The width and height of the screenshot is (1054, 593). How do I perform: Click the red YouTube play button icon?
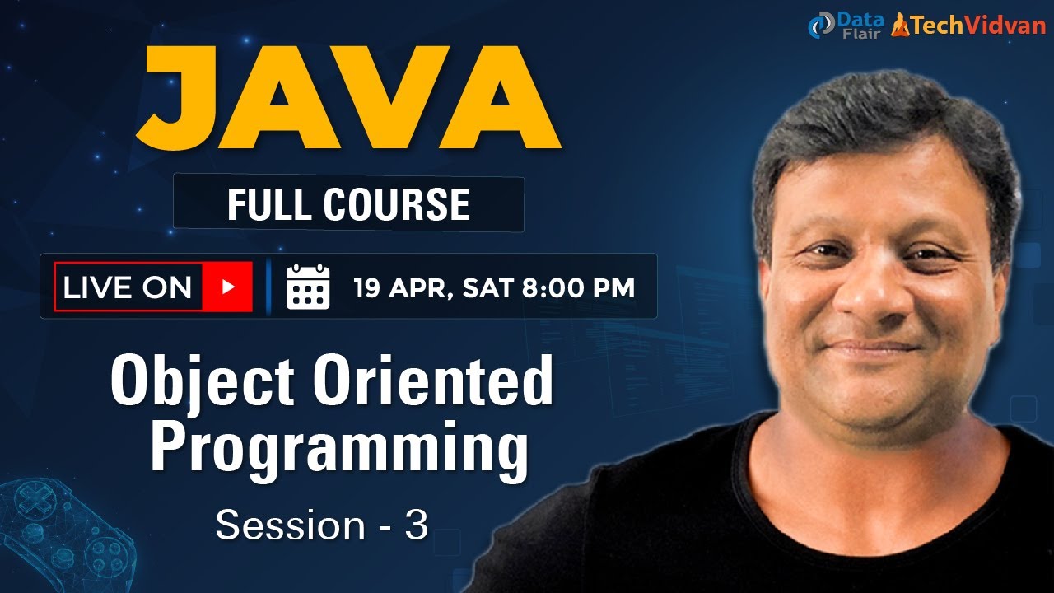[x=228, y=287]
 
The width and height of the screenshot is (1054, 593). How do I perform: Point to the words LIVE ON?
[x=128, y=287]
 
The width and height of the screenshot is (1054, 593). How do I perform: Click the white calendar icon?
[x=307, y=287]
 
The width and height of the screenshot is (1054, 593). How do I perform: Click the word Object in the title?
[x=203, y=381]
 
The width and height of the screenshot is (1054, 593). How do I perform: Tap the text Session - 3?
[x=322, y=525]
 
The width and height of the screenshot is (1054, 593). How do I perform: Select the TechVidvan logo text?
[x=972, y=26]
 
